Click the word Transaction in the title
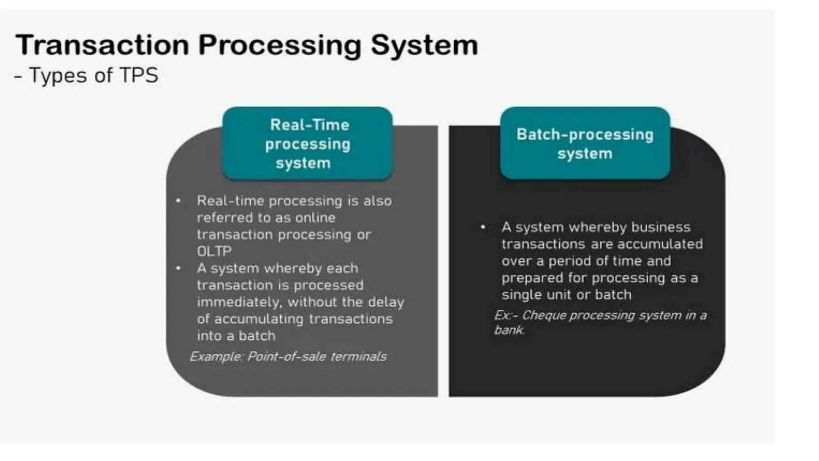(x=102, y=45)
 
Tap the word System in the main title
(x=424, y=46)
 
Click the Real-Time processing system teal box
(x=308, y=143)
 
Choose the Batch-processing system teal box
(x=585, y=143)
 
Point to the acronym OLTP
(x=214, y=251)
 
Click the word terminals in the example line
(x=358, y=356)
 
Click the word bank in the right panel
(x=508, y=330)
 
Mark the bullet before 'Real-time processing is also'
(x=178, y=200)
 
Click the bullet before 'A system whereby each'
(x=178, y=268)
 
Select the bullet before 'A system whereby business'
(x=483, y=227)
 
